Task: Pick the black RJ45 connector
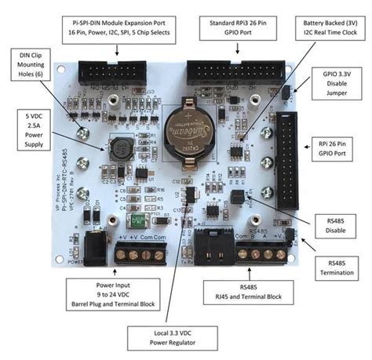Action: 211,250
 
